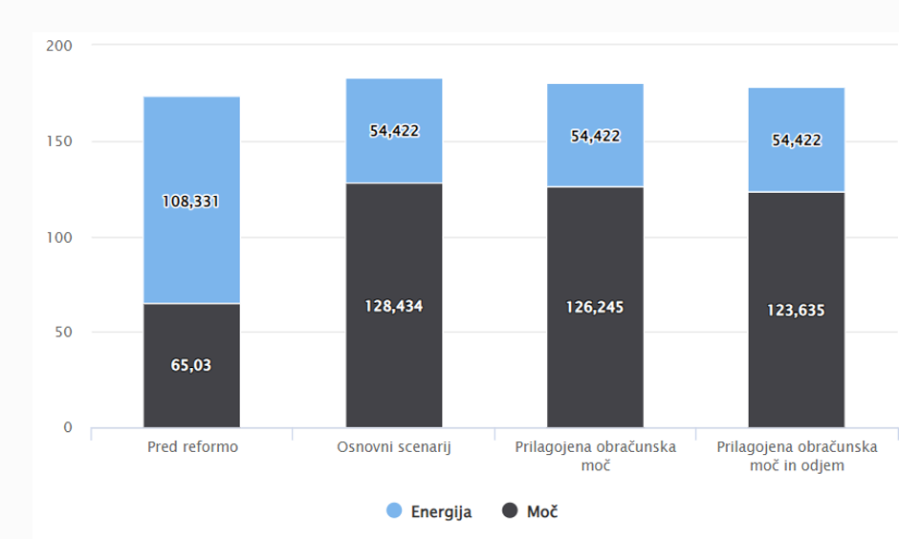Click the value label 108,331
click(191, 202)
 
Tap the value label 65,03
click(191, 364)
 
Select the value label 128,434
click(393, 307)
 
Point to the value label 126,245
click(595, 308)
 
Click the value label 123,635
click(796, 310)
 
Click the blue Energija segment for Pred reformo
click(191, 153)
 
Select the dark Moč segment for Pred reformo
click(191, 401)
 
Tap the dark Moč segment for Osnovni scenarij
click(393, 373)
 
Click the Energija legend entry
click(429, 511)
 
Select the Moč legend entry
click(530, 511)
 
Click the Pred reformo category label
click(191, 447)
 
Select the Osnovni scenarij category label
click(393, 447)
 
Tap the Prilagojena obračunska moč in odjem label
click(796, 456)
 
